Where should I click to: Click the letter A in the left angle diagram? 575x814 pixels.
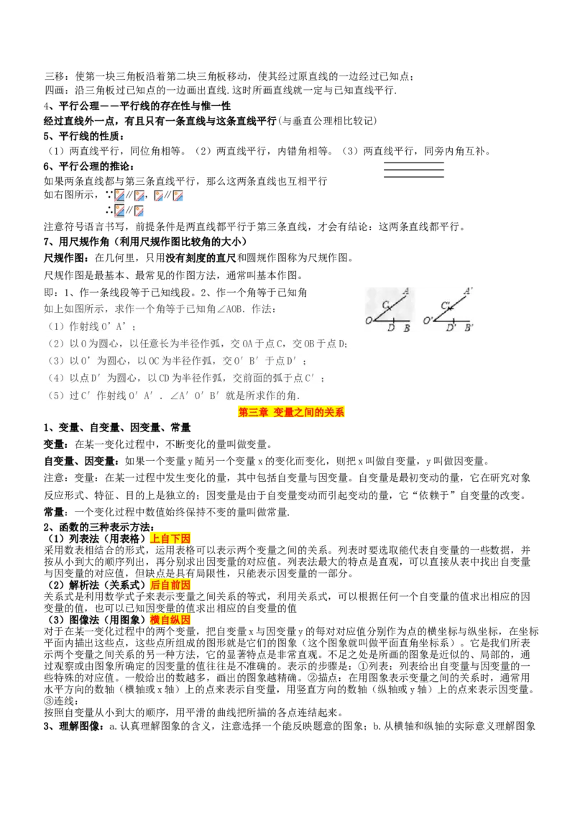(407, 291)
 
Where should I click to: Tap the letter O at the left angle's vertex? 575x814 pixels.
(368, 321)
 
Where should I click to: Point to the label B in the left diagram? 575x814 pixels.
(406, 329)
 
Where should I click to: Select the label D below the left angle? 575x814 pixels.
(391, 329)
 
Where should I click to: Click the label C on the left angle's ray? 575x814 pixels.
(385, 304)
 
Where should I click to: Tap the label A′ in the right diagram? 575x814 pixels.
(467, 291)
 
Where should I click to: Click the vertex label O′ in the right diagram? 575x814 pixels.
(428, 321)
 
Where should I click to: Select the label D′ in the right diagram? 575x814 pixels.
(451, 329)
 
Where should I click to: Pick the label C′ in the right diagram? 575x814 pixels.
(446, 304)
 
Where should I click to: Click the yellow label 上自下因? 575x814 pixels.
(172, 539)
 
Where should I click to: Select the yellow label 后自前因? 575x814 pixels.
(172, 585)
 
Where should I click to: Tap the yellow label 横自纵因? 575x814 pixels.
(172, 620)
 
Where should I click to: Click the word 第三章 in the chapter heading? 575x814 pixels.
(253, 413)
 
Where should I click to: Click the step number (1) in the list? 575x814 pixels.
(55, 326)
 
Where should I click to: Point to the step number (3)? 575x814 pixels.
(55, 361)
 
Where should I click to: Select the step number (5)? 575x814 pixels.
(55, 395)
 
